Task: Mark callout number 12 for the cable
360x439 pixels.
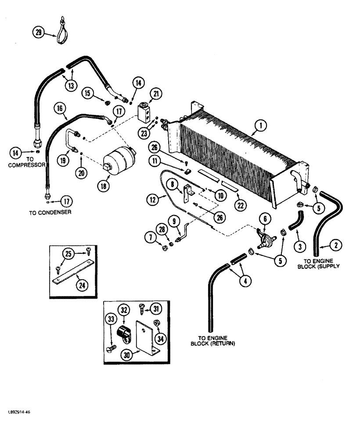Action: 153,200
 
